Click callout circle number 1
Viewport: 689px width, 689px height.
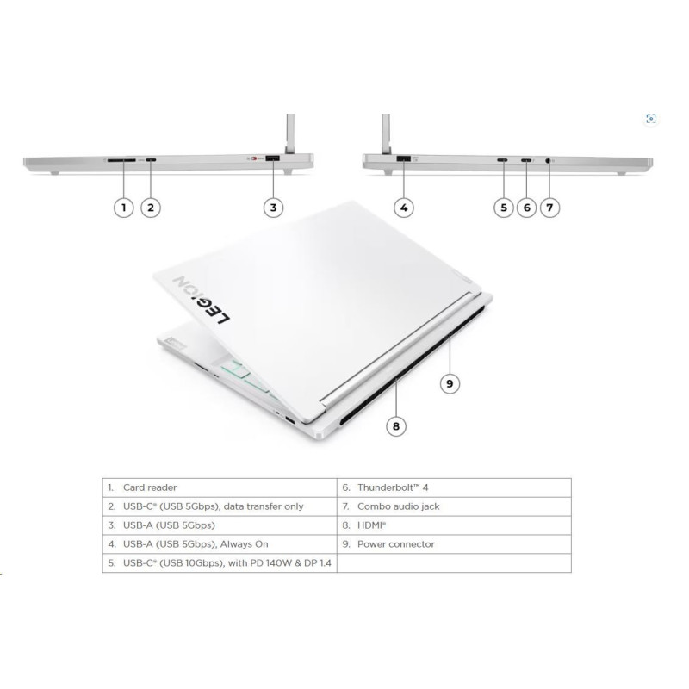click(123, 208)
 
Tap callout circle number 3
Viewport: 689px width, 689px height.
click(273, 208)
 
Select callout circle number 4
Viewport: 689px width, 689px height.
click(404, 208)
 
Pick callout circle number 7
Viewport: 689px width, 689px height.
click(549, 208)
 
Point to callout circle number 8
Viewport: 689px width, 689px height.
click(396, 425)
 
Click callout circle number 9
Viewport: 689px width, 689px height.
click(450, 383)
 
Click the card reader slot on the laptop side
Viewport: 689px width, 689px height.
click(121, 160)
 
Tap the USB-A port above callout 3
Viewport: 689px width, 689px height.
click(273, 158)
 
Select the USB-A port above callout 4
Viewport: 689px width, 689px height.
click(403, 158)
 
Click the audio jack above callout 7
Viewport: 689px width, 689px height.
click(548, 160)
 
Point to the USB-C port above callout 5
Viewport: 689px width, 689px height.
click(502, 160)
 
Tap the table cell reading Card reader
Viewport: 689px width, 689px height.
click(150, 487)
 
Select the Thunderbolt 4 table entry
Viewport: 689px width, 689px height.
click(393, 487)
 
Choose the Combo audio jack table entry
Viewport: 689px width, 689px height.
click(398, 506)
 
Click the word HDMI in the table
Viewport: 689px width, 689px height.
click(371, 525)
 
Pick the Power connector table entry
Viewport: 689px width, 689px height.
click(395, 544)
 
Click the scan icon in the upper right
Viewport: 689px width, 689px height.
click(651, 119)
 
